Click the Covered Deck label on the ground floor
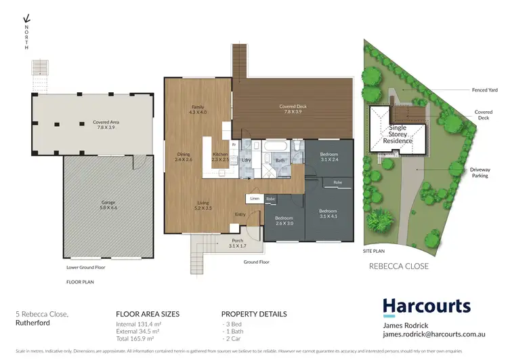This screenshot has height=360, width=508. (x=293, y=109)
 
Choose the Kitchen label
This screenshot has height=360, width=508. (x=221, y=157)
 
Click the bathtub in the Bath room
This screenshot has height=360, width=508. (x=274, y=147)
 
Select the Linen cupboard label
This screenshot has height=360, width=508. (x=255, y=199)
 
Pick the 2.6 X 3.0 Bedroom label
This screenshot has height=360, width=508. (x=284, y=220)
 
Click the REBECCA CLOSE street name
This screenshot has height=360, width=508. (x=398, y=266)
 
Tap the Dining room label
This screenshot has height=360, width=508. (x=184, y=156)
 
